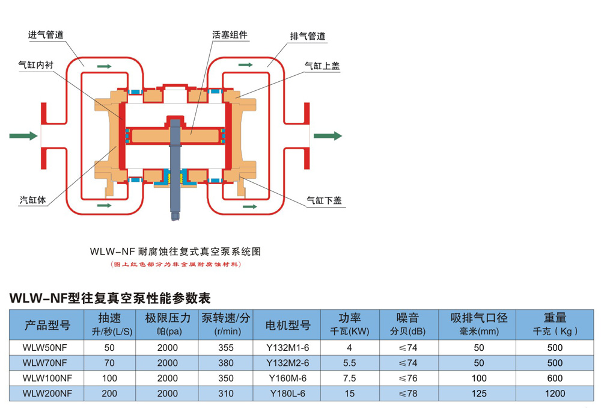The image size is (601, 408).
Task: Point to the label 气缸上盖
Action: point(322,66)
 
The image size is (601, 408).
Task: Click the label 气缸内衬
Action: point(37,64)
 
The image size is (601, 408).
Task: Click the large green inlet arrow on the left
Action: point(23,136)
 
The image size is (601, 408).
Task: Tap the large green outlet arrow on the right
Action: point(328,136)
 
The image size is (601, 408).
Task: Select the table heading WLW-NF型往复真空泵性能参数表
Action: point(111,298)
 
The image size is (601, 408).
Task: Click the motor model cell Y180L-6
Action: point(288,394)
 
